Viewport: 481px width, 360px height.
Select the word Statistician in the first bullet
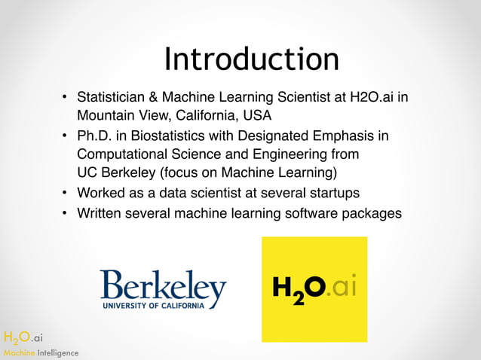tap(112, 98)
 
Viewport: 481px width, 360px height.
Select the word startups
tap(333, 194)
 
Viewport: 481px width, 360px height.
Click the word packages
tap(371, 213)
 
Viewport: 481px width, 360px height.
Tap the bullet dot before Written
tap(66, 213)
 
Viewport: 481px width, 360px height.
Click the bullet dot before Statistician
tap(66, 98)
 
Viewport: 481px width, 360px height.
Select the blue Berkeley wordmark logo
tap(163, 286)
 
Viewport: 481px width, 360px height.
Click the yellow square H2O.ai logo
tap(314, 289)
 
